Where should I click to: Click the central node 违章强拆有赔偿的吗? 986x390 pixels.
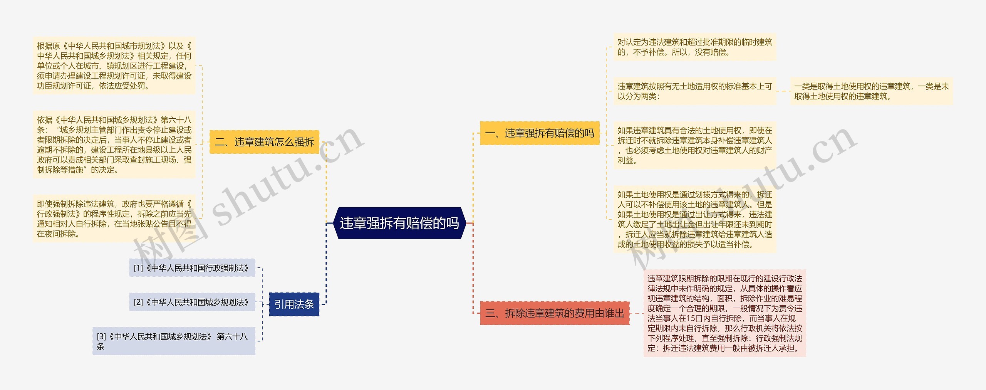pyautogui.click(x=399, y=223)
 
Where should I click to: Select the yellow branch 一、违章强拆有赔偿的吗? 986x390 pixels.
pyautogui.click(x=539, y=133)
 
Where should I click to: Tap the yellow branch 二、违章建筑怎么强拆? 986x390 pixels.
pyautogui.click(x=264, y=142)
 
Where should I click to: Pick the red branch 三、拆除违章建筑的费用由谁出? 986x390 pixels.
pyautogui.click(x=554, y=313)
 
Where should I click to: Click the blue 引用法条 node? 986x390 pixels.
pyautogui.click(x=294, y=304)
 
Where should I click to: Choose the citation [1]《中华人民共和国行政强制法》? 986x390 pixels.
pyautogui.click(x=192, y=268)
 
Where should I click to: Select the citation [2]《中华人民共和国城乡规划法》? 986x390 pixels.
pyautogui.click(x=192, y=302)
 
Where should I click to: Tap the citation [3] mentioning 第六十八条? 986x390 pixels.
pyautogui.click(x=173, y=341)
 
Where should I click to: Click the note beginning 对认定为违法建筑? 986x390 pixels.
pyautogui.click(x=694, y=47)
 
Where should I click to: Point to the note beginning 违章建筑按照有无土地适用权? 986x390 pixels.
pyautogui.click(x=694, y=91)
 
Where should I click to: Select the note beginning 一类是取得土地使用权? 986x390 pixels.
pyautogui.click(x=871, y=91)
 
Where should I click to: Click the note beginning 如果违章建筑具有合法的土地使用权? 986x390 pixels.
pyautogui.click(x=694, y=145)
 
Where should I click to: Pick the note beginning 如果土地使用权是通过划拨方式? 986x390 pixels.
pyautogui.click(x=694, y=219)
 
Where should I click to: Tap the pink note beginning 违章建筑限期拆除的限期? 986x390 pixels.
pyautogui.click(x=724, y=313)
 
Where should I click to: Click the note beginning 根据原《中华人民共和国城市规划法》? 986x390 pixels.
pyautogui.click(x=114, y=66)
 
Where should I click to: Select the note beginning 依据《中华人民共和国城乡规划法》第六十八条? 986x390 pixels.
pyautogui.click(x=114, y=145)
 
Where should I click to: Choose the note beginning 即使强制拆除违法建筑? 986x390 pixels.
pyautogui.click(x=114, y=219)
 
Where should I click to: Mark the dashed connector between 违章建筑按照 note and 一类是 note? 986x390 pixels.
pyautogui.click(x=783, y=91)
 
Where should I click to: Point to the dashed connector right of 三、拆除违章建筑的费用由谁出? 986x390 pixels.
pyautogui.click(x=636, y=313)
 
